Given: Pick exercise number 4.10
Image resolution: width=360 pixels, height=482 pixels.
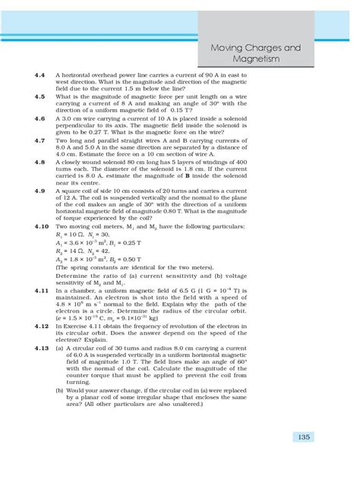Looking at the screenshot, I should (x=42, y=228).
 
